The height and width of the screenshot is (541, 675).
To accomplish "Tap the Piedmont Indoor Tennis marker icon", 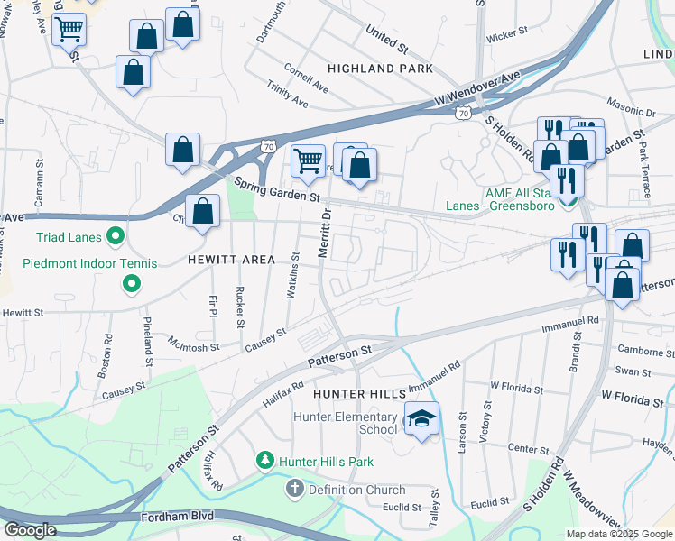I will click(132, 284).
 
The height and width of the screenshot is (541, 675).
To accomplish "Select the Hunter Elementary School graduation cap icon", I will click(421, 419).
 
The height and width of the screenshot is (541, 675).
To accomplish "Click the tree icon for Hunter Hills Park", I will click(265, 461).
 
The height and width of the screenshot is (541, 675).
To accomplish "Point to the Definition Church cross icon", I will click(294, 489).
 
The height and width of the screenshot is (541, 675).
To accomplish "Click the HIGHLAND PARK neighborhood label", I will click(380, 69).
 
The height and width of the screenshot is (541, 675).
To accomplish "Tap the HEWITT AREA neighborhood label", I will click(231, 260).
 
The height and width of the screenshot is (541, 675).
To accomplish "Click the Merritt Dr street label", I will click(326, 233).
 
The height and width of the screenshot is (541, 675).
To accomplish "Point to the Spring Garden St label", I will click(278, 189).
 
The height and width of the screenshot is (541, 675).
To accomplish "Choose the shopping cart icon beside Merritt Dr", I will click(309, 161).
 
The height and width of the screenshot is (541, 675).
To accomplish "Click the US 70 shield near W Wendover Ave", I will click(462, 114).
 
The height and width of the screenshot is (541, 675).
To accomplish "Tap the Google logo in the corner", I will click(30, 530).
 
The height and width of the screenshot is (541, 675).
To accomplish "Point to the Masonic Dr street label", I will click(631, 110).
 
